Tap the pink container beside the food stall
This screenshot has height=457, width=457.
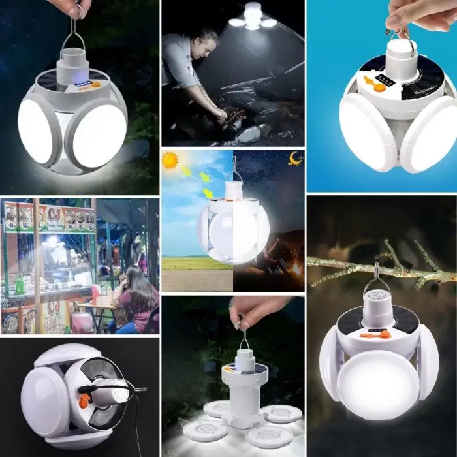[x=82, y=322]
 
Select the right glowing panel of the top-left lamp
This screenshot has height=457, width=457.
[x=96, y=134]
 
